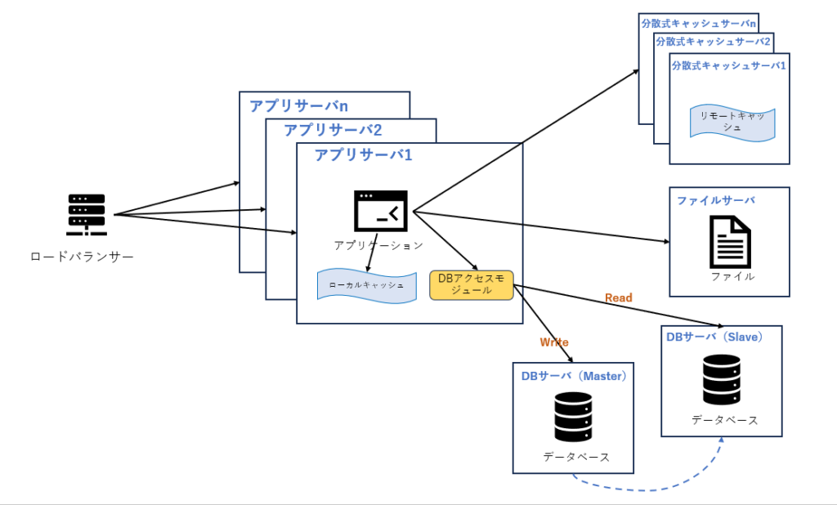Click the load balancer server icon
[87, 215]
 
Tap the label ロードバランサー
[82, 257]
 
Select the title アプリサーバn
[298, 106]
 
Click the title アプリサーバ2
[333, 130]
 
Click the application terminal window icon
[380, 211]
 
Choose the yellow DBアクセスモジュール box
[471, 284]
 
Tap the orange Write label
[553, 342]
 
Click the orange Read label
[618, 297]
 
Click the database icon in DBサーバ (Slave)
[722, 379]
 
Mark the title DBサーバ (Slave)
[714, 337]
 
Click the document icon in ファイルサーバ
[730, 241]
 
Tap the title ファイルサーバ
[715, 200]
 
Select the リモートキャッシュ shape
[732, 122]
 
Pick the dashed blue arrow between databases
[646, 489]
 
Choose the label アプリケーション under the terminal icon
[378, 245]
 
